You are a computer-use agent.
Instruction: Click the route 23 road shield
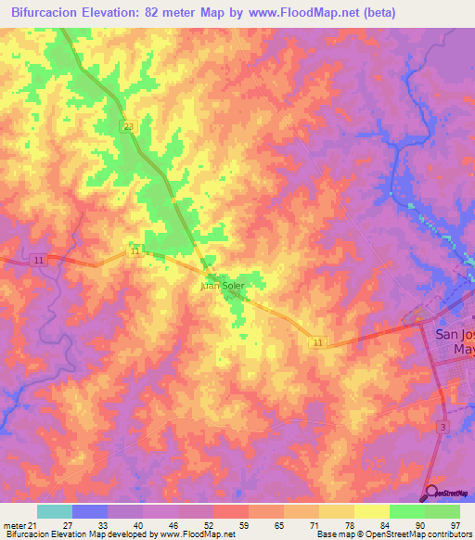pyautogui.click(x=125, y=125)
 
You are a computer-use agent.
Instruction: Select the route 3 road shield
pyautogui.click(x=443, y=426)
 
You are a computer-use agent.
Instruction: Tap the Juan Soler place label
pyautogui.click(x=223, y=286)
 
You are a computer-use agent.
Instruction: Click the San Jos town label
pyautogui.click(x=454, y=334)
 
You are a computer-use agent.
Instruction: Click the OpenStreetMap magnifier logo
pyautogui.click(x=431, y=492)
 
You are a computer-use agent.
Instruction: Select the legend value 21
pyautogui.click(x=33, y=524)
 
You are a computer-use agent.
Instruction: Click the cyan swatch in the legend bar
pyautogui.click(x=55, y=510)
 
